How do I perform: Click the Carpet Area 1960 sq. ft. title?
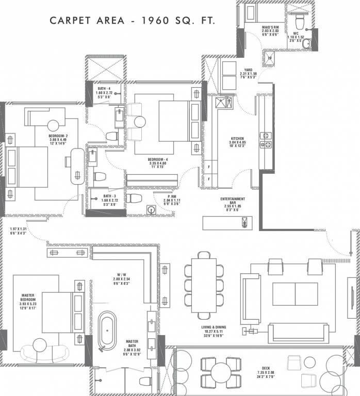[x=132, y=21]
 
